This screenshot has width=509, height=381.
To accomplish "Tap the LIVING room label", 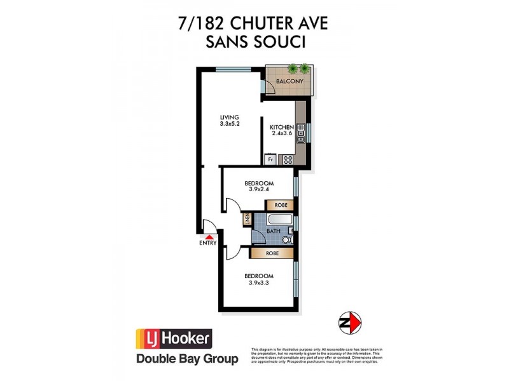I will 229,117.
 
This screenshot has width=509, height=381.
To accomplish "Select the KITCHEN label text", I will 281,127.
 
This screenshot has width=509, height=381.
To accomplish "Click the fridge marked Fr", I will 270,160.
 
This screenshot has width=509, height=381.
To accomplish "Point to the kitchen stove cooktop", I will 288,159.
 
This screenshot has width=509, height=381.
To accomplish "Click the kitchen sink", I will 300,135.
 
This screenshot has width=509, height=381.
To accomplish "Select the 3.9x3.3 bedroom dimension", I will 259,283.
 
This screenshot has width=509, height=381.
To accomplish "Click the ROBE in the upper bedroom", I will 280,205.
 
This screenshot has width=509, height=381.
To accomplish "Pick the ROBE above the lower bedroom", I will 272,253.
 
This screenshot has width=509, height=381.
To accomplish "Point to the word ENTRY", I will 208,243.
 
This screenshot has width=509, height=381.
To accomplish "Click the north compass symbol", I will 350,322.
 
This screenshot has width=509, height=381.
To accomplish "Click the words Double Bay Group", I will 188,359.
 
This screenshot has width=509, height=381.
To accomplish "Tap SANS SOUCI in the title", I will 254,43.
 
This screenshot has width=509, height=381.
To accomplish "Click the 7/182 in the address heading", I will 201,23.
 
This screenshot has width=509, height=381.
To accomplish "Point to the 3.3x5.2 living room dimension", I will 229,124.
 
